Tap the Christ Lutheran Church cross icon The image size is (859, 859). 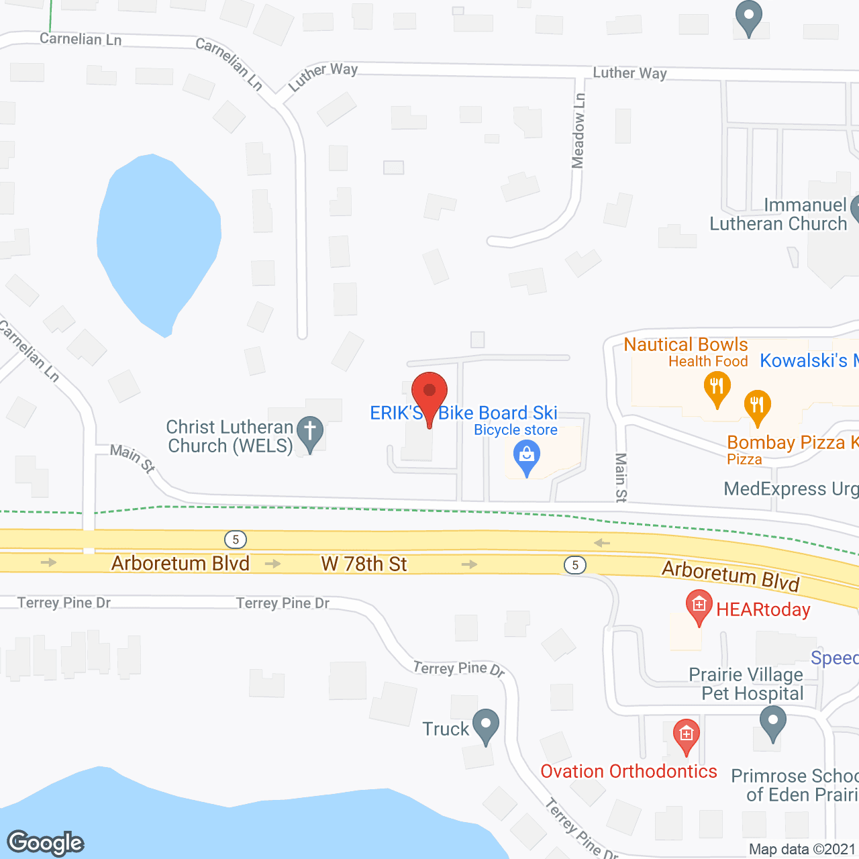[310, 432]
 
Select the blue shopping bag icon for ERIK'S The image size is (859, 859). [527, 457]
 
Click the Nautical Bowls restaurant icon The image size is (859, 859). [717, 388]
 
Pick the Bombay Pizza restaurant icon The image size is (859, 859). [757, 406]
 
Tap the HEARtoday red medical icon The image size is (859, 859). [699, 606]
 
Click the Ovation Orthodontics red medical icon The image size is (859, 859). [686, 735]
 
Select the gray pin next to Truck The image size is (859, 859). [486, 725]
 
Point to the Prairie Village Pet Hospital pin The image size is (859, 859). [773, 723]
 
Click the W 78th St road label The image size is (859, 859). [364, 564]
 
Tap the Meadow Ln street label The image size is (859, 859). [578, 130]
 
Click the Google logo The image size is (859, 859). [46, 842]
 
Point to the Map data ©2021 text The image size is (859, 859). [802, 850]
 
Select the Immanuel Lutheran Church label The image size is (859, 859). [778, 215]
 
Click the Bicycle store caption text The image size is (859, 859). [515, 430]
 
